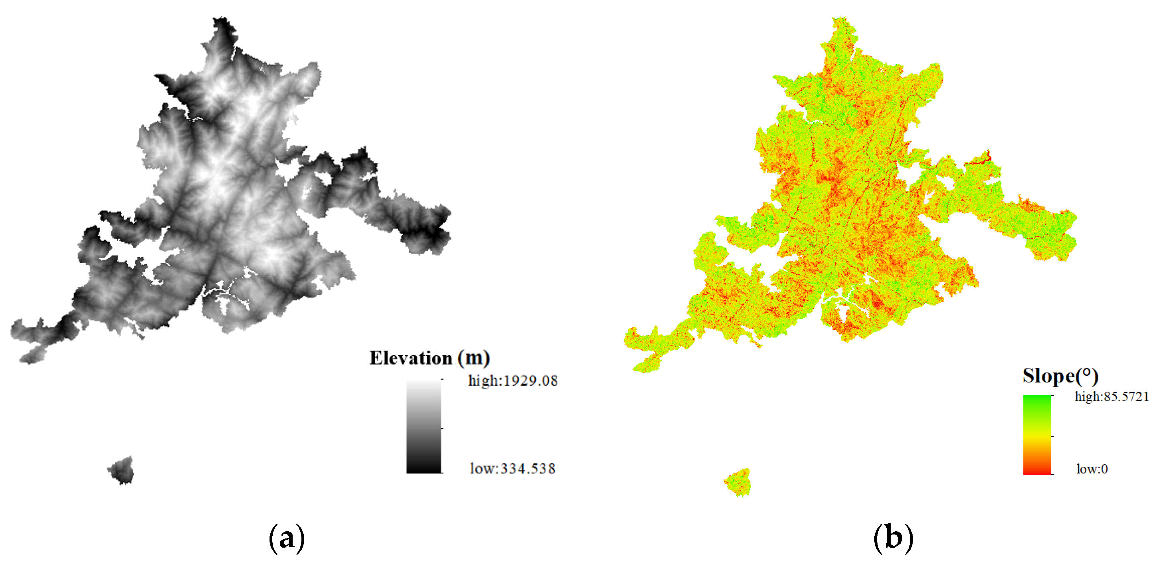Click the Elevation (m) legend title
point(429,358)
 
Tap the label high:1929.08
point(512,381)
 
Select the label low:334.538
point(512,469)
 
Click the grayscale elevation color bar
point(423,426)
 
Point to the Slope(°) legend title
point(1060,376)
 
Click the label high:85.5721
point(1111,397)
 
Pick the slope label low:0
point(1092,469)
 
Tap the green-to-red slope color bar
point(1037,435)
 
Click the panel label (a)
point(287,538)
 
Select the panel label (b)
point(893,538)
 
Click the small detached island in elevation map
point(121,471)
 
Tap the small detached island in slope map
point(738,483)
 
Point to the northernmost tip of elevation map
point(221,20)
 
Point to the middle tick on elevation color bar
point(442,428)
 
